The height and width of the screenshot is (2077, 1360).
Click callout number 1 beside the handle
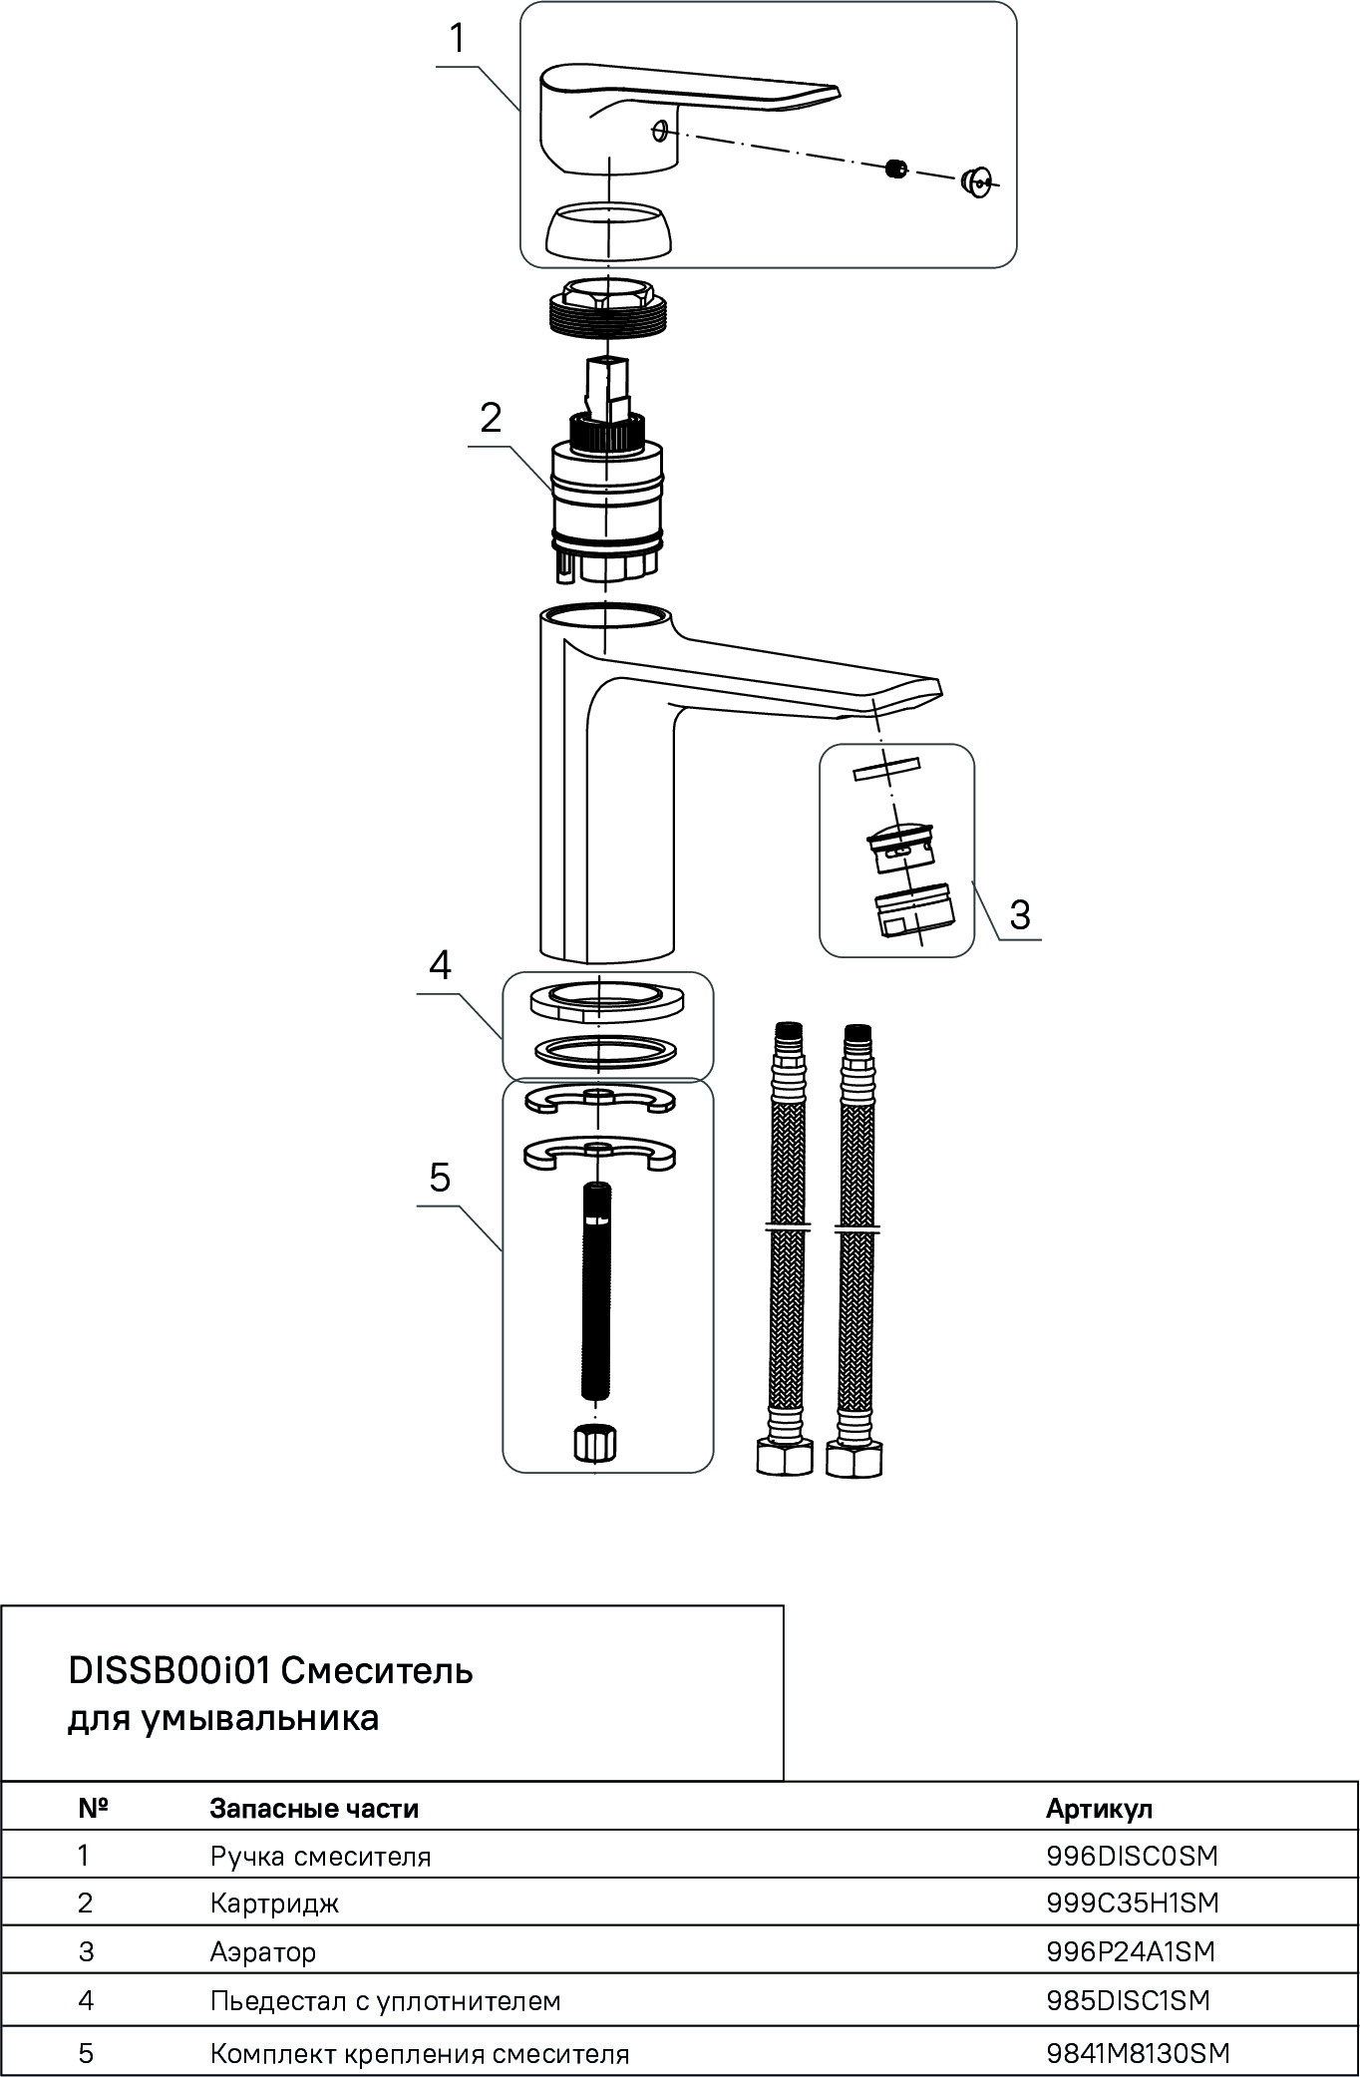[457, 40]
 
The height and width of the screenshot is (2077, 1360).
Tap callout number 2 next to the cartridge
[491, 419]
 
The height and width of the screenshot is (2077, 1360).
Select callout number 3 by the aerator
[1019, 914]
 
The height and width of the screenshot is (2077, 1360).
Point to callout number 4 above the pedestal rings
[440, 965]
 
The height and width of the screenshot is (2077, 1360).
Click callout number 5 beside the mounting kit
[440, 1179]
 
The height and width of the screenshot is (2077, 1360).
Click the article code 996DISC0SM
[1133, 1856]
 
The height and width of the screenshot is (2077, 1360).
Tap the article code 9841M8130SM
[1139, 2053]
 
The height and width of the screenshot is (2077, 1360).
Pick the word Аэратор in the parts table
[263, 1951]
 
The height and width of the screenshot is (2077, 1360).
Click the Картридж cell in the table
[274, 1904]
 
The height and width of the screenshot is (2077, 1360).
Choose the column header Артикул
[1099, 1809]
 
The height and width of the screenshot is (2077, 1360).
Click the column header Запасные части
[314, 1809]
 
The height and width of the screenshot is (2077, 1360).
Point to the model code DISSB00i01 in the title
[170, 1670]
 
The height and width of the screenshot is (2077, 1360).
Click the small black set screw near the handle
[897, 170]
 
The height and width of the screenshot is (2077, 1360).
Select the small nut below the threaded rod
[595, 1443]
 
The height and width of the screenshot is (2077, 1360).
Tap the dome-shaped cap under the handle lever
[608, 229]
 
